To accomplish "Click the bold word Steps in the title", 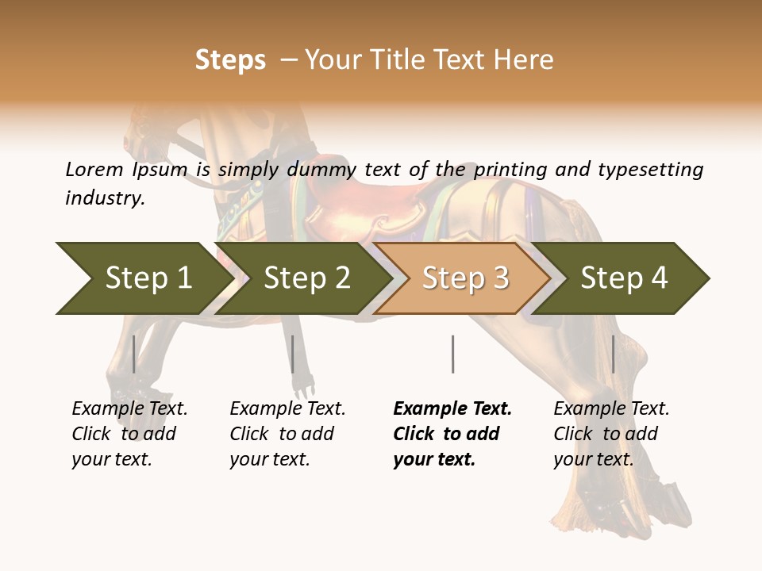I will click(x=230, y=60).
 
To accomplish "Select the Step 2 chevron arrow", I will click(x=306, y=278).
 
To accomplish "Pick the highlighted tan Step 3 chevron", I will click(x=464, y=278).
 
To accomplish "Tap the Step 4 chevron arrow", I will click(x=624, y=278).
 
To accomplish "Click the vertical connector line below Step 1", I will click(x=134, y=354).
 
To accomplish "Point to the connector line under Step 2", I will click(x=293, y=354).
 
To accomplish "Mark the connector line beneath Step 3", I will click(x=452, y=354).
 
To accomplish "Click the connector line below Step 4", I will click(x=613, y=354).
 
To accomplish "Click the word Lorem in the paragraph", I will click(x=94, y=169).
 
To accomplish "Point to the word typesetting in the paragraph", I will click(x=650, y=170).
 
